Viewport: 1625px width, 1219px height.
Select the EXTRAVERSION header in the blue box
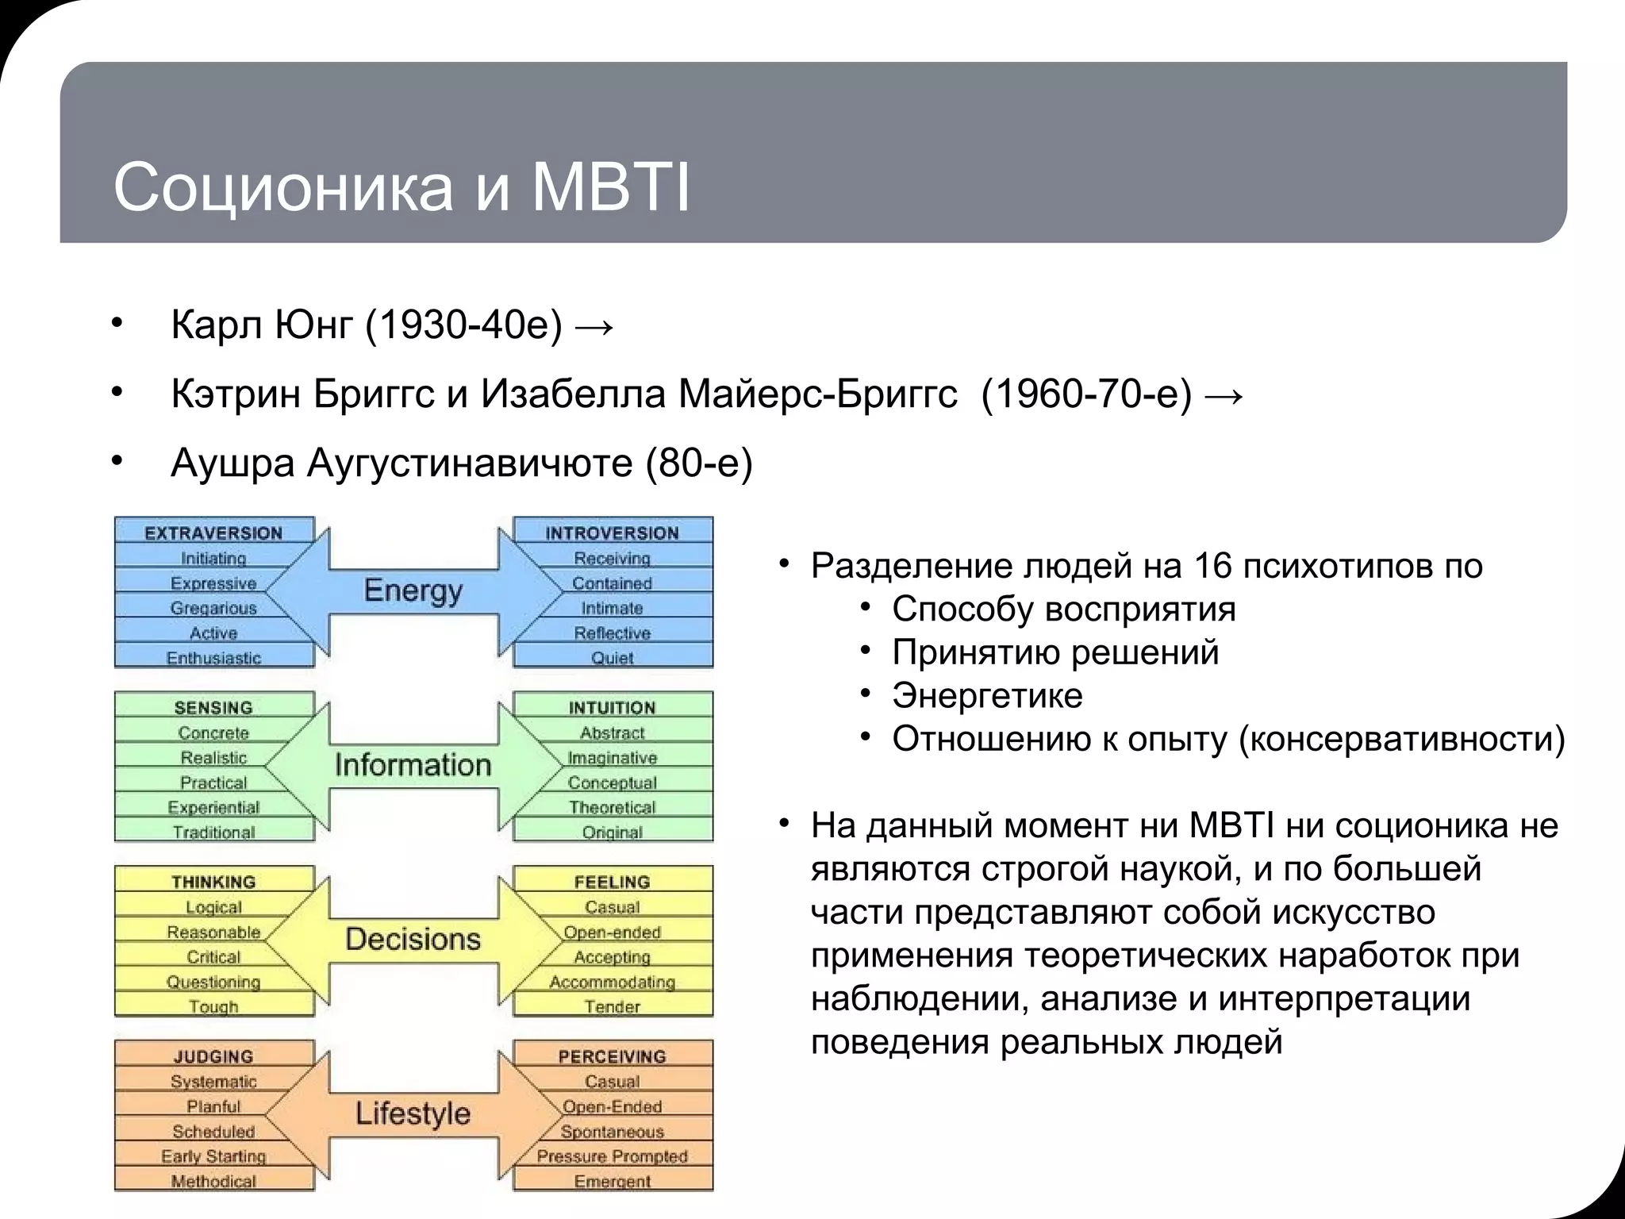click(x=213, y=533)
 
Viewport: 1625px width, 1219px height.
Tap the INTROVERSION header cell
click(x=612, y=533)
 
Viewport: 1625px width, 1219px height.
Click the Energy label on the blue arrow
click(x=413, y=590)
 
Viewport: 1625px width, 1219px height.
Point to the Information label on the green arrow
click(x=413, y=765)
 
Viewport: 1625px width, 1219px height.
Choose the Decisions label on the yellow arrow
click(x=413, y=940)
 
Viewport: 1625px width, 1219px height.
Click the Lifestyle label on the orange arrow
click(x=413, y=1113)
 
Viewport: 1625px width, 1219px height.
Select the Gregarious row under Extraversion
click(x=213, y=608)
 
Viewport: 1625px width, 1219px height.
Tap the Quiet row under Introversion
click(x=612, y=658)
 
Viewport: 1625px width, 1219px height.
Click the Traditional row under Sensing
click(x=213, y=833)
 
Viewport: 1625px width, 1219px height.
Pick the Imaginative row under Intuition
click(x=612, y=758)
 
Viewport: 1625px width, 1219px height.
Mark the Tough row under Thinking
click(x=213, y=1006)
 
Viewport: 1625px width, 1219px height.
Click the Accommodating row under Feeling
click(x=612, y=982)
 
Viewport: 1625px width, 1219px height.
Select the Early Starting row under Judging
click(x=213, y=1156)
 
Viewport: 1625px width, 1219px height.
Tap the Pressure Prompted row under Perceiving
click(x=612, y=1156)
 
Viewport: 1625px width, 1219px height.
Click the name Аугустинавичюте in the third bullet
click(x=468, y=463)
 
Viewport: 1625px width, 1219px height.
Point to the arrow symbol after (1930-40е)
click(x=594, y=326)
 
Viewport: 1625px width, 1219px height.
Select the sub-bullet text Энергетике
click(x=987, y=696)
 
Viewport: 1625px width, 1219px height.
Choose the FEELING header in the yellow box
click(x=612, y=882)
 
